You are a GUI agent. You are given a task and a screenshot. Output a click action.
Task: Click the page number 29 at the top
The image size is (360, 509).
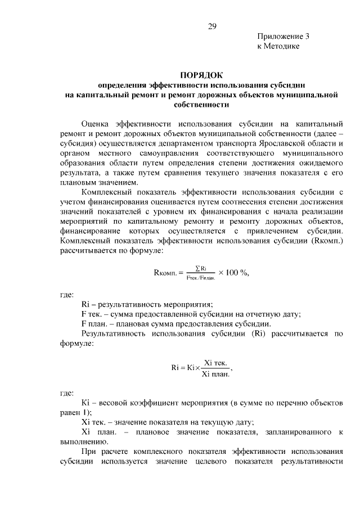[x=212, y=25]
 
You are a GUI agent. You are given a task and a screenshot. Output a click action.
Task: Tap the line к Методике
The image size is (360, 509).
[x=274, y=47]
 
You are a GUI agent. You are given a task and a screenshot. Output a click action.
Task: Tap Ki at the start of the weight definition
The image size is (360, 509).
[x=85, y=403]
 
